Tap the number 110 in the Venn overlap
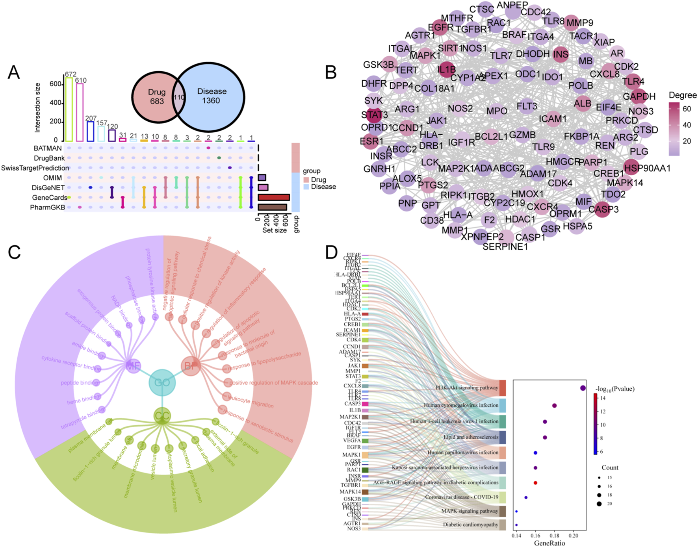179,97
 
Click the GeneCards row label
49,198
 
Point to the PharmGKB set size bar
272,207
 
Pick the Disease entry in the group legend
323,187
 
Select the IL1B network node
446,70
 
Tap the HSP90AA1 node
633,168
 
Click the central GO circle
162,382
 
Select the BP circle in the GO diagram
191,366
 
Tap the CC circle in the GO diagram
162,415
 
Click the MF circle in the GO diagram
133,366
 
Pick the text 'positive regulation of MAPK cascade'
274,383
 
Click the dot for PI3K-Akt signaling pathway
583,388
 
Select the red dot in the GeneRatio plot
535,483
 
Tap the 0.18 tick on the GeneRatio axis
555,536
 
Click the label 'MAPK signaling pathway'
470,511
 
